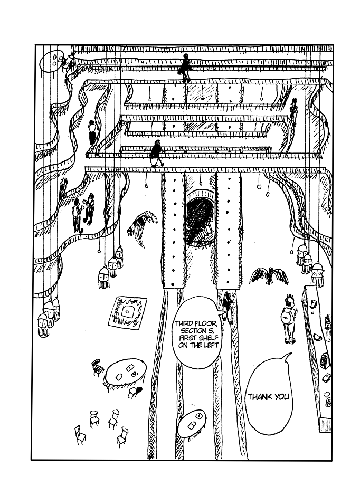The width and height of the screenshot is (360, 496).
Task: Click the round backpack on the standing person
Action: coord(287,316)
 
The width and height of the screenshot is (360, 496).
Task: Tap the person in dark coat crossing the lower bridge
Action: coord(157,154)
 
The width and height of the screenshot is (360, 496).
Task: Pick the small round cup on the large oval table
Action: coord(135,373)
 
